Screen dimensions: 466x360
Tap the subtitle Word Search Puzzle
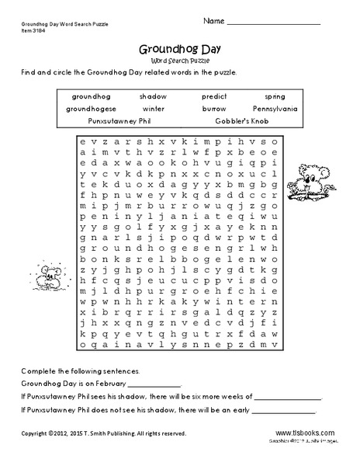179,59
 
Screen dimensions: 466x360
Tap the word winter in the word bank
153,109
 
